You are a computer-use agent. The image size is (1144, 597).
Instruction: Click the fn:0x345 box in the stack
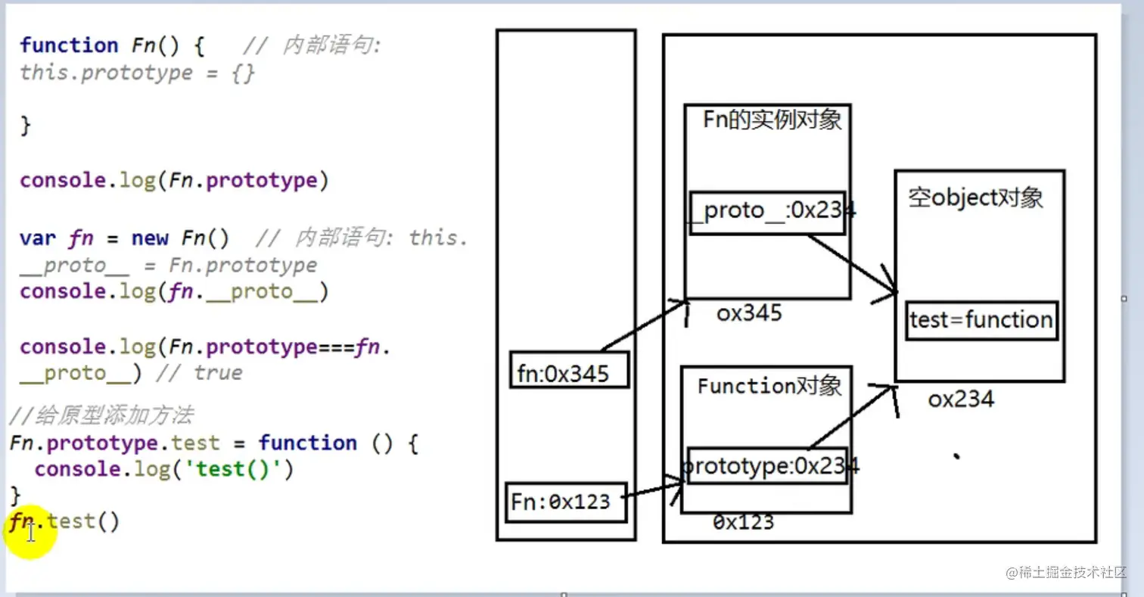pos(569,370)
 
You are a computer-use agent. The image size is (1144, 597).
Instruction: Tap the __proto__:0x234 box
pos(767,212)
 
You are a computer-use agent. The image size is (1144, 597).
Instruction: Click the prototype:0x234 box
pos(764,467)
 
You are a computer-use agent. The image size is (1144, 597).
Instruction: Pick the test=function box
pos(981,320)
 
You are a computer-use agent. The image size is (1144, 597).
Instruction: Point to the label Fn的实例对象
pos(772,120)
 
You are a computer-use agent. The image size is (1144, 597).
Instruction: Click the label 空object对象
pos(975,198)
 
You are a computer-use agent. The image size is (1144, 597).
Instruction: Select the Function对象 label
pos(769,386)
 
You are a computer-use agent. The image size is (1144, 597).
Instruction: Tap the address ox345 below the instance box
pos(749,313)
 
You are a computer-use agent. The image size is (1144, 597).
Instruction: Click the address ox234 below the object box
pos(960,400)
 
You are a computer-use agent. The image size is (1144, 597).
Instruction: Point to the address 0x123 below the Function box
pos(743,522)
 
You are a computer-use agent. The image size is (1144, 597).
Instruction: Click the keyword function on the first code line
pos(69,45)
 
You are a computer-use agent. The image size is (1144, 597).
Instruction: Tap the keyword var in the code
pos(37,238)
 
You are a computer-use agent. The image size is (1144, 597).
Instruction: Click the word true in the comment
pos(217,373)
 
